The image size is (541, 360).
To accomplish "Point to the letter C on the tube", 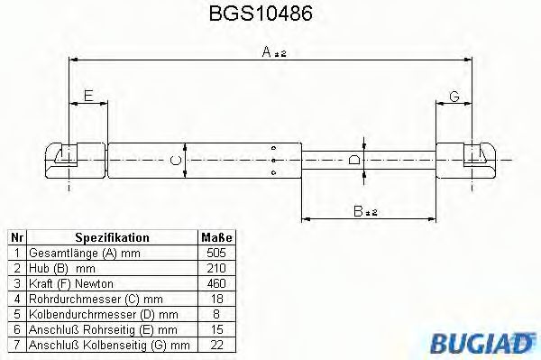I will (x=178, y=160).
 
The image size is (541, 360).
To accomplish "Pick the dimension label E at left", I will (x=87, y=96).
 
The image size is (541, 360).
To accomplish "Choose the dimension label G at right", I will (x=454, y=96).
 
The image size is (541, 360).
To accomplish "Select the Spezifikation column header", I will (x=111, y=237).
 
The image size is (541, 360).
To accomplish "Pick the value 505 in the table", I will (x=215, y=253).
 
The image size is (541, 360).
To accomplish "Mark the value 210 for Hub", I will (x=215, y=268).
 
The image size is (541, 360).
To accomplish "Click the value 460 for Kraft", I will (x=215, y=283).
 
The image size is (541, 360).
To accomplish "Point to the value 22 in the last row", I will (x=215, y=345).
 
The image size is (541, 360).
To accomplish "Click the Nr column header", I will (x=15, y=237).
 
